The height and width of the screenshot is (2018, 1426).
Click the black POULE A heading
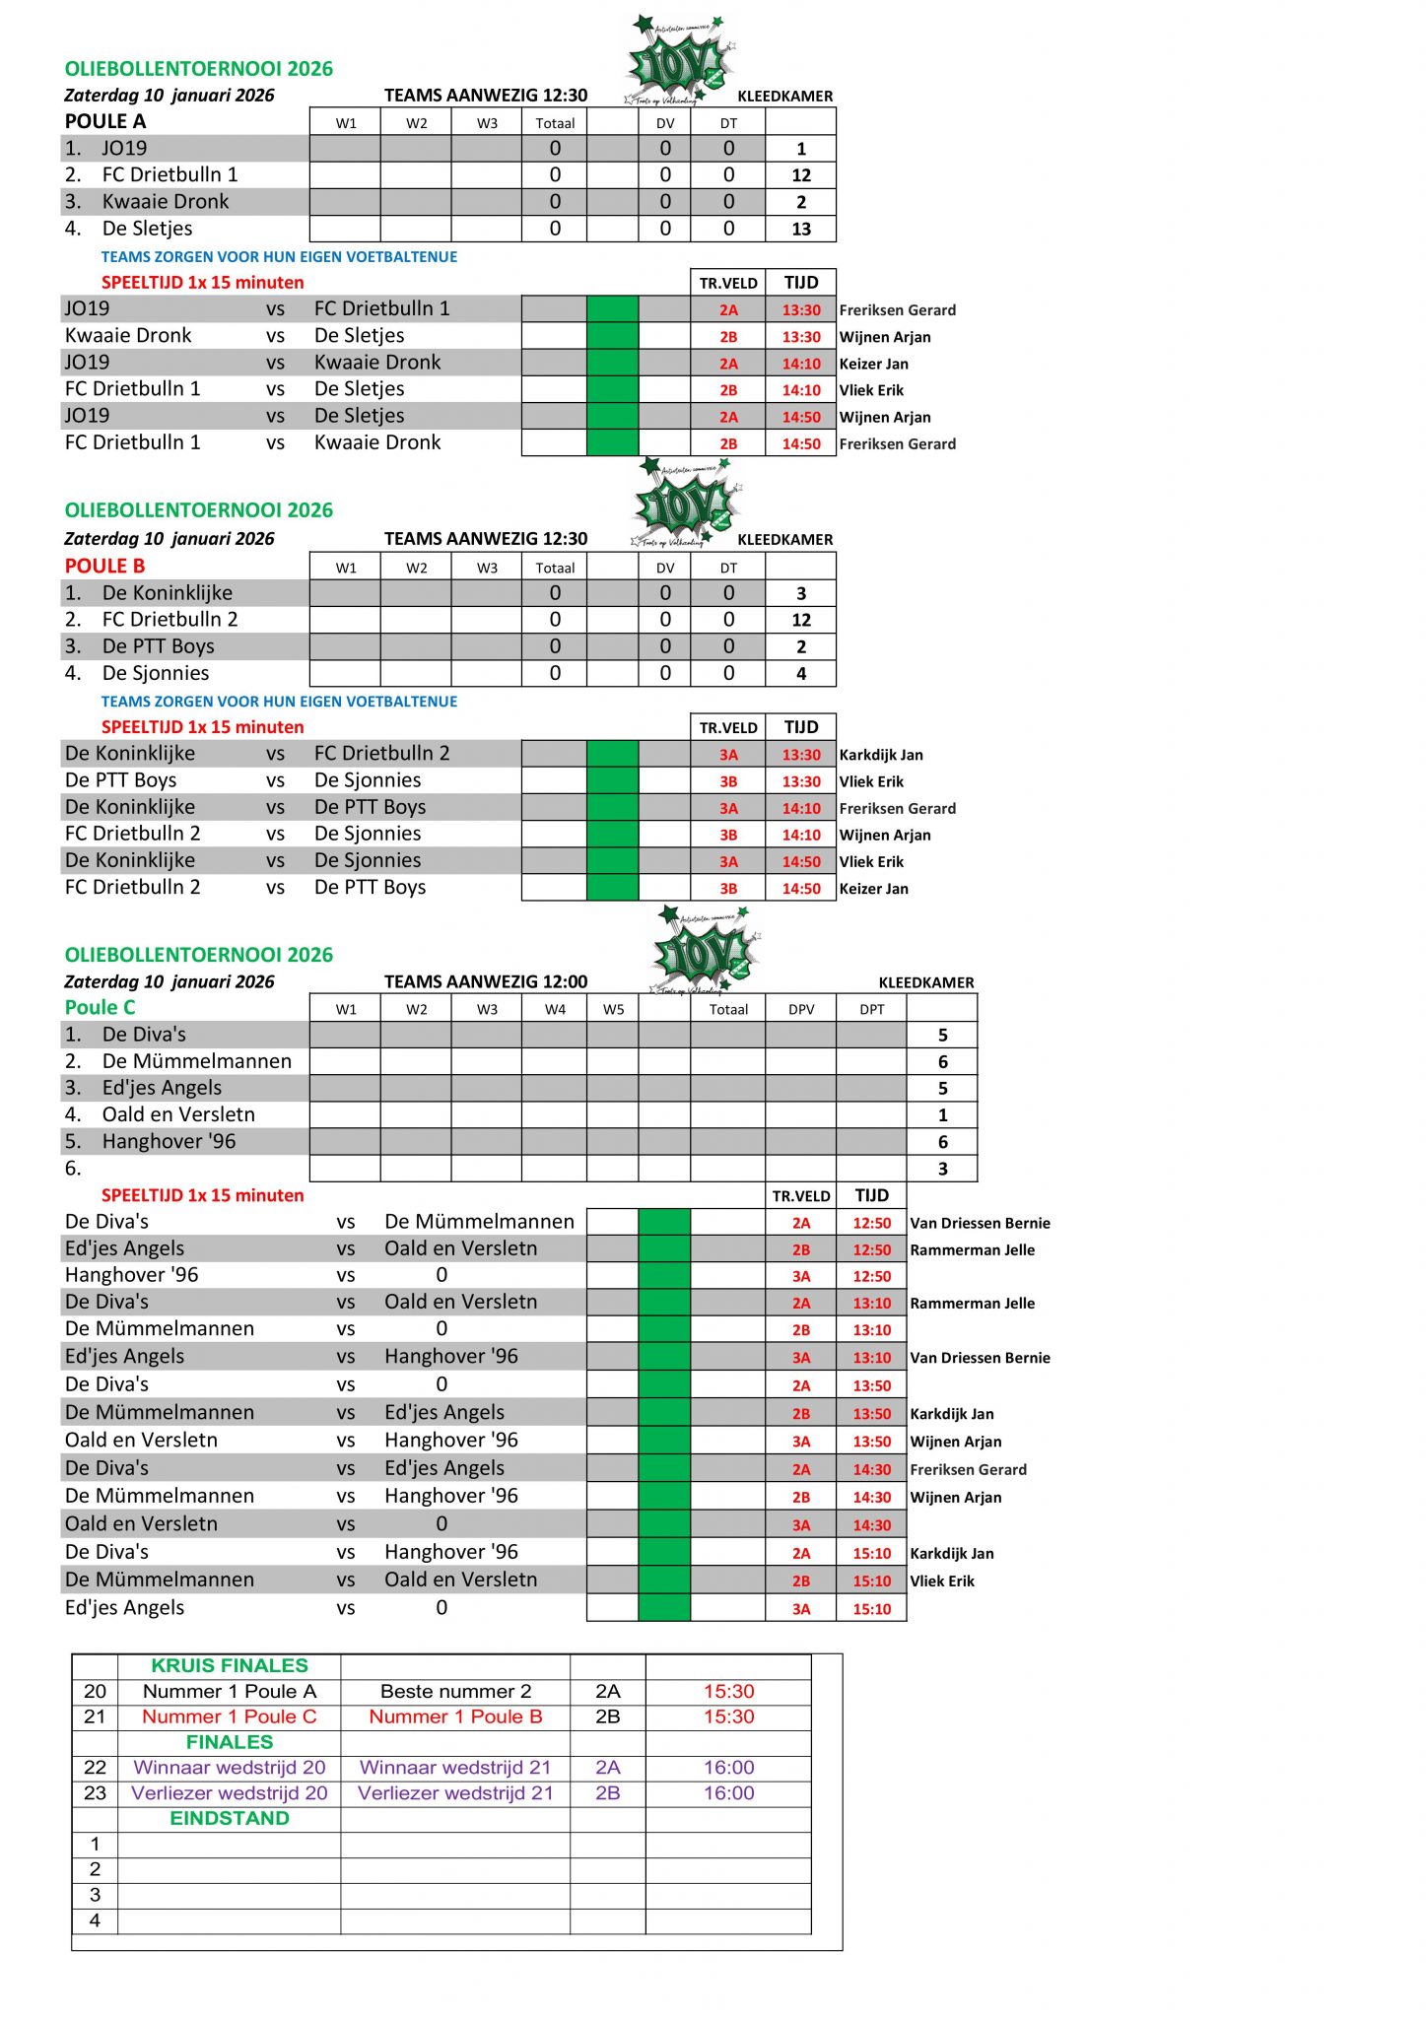pos(105,121)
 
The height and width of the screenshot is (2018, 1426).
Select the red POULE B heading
pos(104,566)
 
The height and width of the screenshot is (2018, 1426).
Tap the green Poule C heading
pos(100,1007)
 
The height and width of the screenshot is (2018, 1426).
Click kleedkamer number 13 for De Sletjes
pos(800,229)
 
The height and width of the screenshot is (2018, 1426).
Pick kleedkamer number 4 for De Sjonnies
pos(800,674)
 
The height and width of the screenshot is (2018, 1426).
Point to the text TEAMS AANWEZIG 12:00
pos(486,981)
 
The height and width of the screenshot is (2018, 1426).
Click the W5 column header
pos(613,1009)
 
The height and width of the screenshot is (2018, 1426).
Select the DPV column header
pos(800,1009)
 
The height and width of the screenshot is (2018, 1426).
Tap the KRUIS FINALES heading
pos(229,1665)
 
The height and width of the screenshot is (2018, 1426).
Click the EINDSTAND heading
pos(229,1818)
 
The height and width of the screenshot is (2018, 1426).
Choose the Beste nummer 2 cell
pos(455,1691)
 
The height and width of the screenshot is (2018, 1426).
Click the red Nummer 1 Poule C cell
pos(229,1716)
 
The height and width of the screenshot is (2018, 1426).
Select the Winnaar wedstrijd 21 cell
pos(455,1767)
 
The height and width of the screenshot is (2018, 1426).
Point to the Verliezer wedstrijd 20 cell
pos(229,1792)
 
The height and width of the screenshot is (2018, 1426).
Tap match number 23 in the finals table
pos(95,1792)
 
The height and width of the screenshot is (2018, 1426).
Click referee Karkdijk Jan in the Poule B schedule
pos(881,755)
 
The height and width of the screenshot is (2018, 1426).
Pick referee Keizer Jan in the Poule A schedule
pos(873,364)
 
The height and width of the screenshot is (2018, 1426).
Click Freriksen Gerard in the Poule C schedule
pos(968,1469)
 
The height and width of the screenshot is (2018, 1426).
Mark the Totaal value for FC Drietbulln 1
pos(555,175)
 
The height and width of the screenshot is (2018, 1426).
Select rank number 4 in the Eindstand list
pos(95,1919)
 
